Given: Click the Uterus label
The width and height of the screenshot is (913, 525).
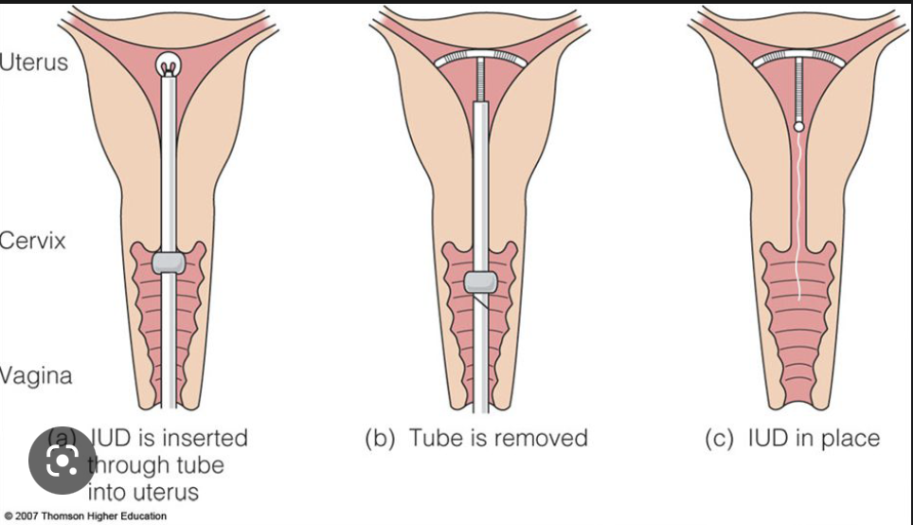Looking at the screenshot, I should (34, 63).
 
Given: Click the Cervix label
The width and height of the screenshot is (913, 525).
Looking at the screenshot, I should (33, 241).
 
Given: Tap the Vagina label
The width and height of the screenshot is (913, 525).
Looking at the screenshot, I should (36, 376).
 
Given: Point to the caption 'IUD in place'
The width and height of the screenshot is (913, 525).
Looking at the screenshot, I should (812, 438).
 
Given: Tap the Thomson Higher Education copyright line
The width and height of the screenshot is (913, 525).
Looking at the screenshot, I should (84, 516).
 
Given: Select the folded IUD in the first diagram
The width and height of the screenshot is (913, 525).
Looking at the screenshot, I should (169, 65).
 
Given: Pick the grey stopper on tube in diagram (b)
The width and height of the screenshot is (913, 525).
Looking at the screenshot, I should (482, 282).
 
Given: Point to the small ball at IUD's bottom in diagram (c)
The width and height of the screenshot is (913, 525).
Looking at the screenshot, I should (799, 125).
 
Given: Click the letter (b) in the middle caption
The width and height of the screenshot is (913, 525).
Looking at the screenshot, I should (380, 438).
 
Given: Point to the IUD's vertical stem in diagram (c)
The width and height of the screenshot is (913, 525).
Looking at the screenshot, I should (799, 90).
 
